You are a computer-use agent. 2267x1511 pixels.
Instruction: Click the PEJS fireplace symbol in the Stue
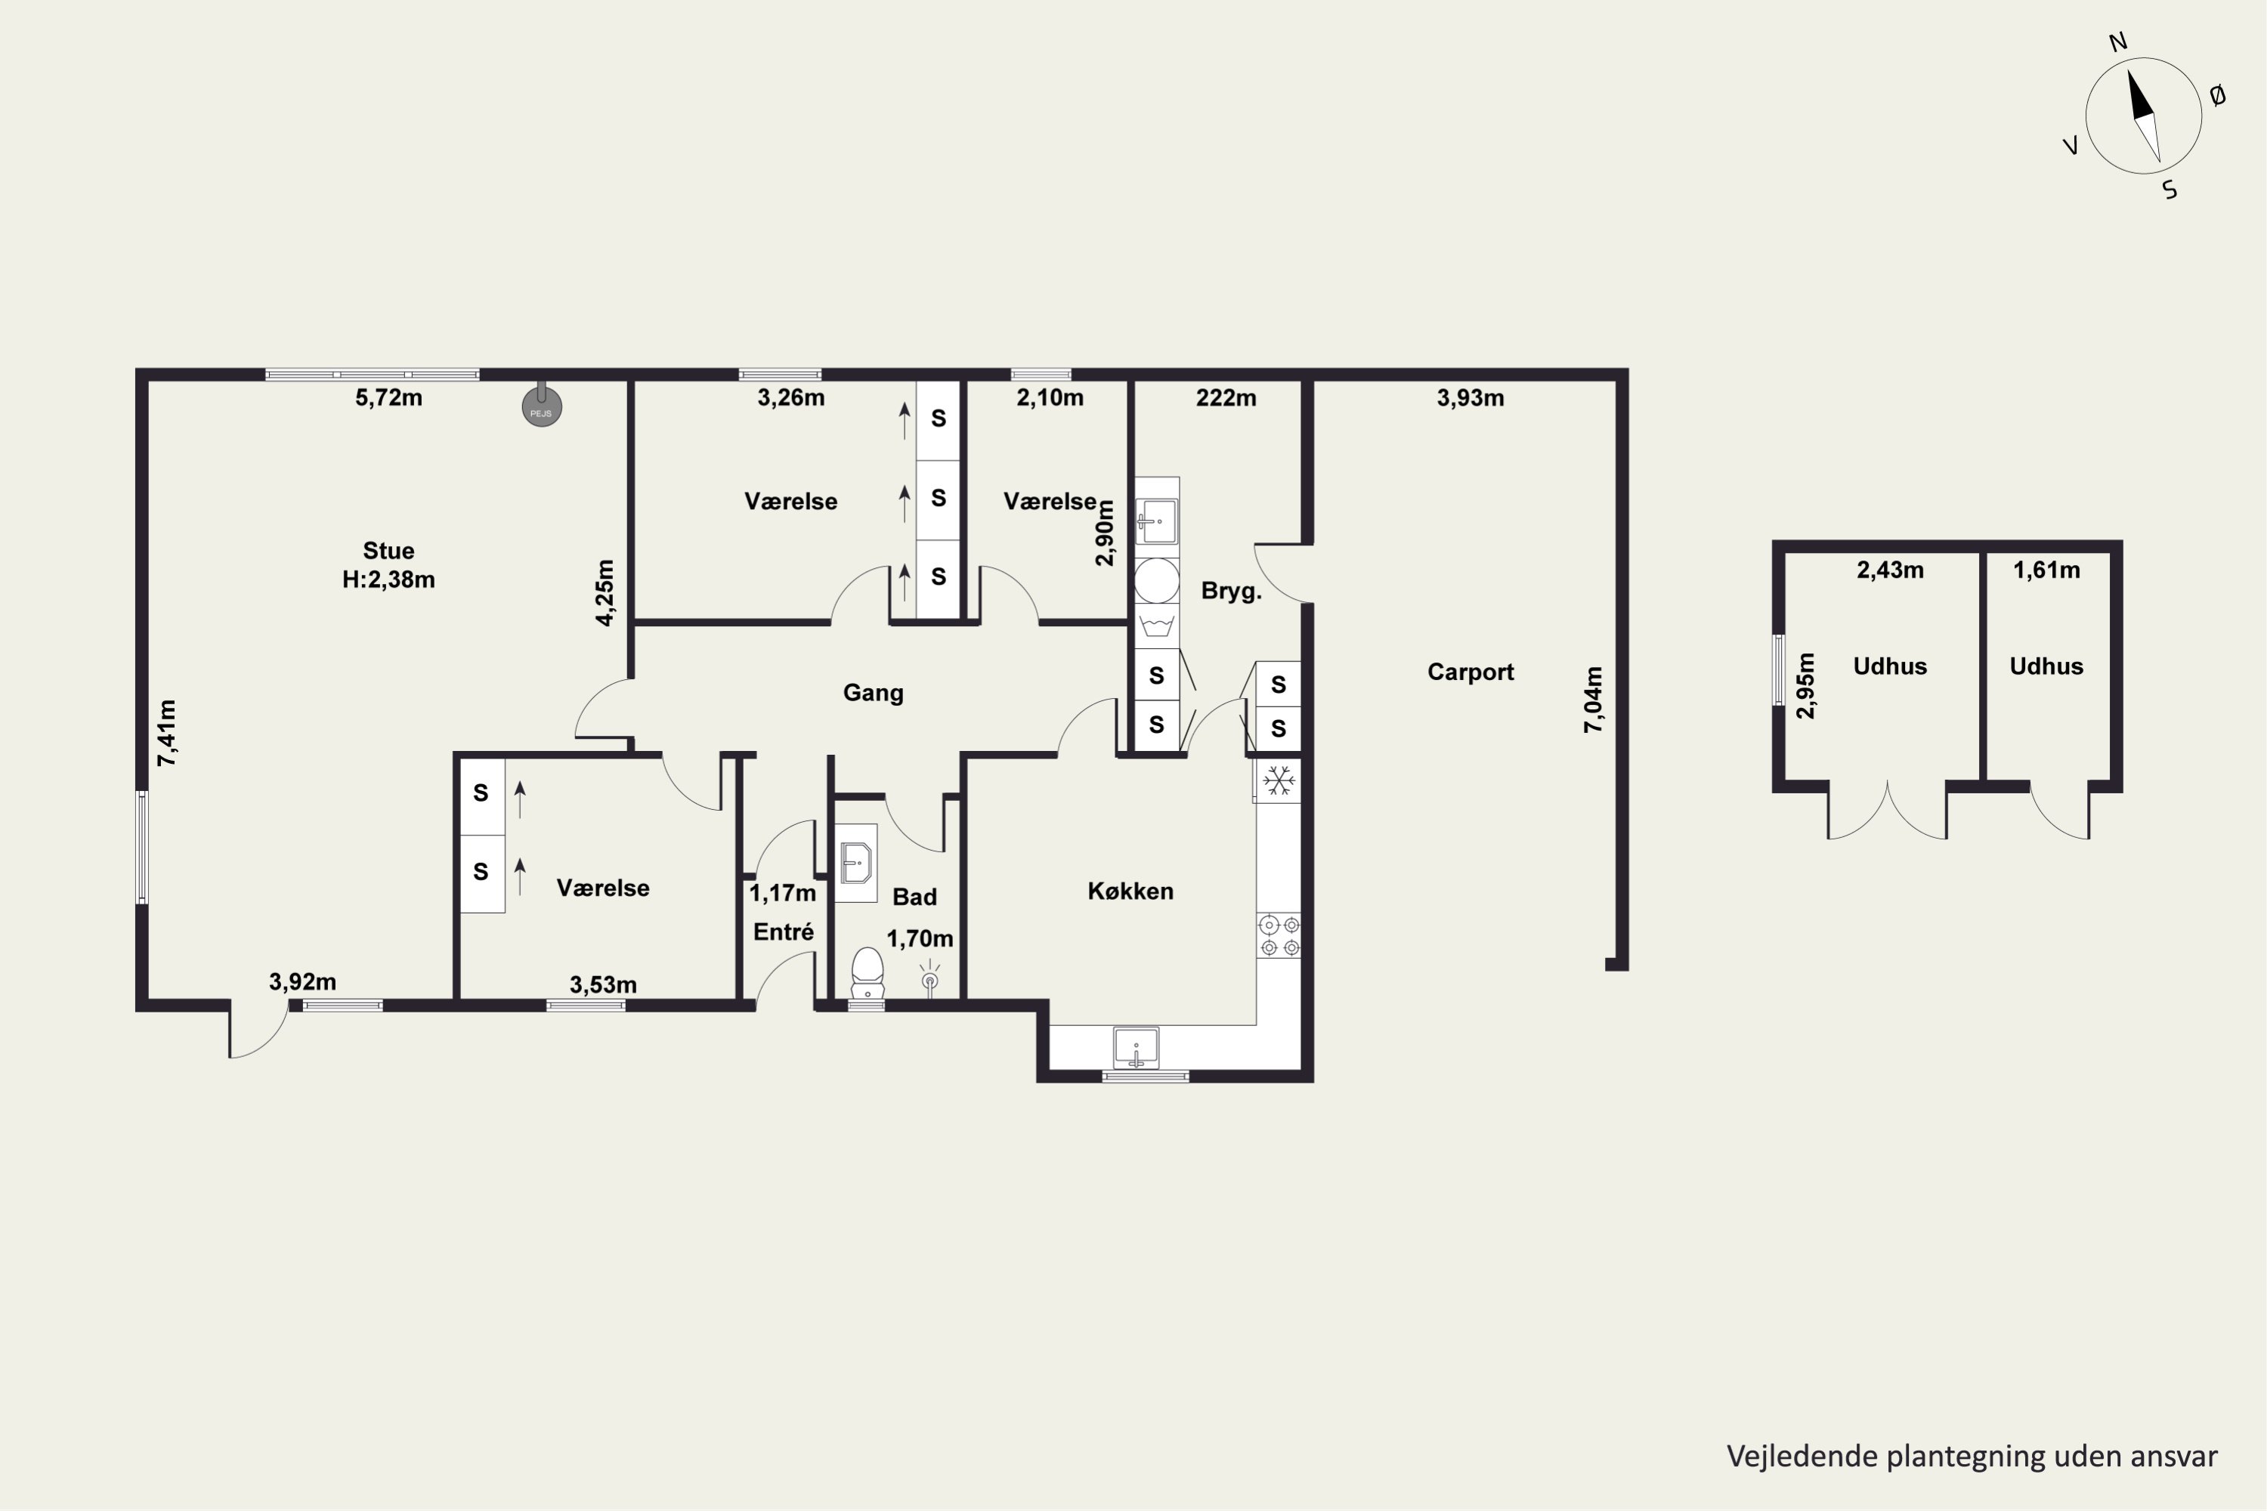[x=542, y=406]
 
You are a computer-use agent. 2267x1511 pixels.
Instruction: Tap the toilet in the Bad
[x=868, y=973]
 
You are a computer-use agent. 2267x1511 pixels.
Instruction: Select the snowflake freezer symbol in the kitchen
[x=1278, y=780]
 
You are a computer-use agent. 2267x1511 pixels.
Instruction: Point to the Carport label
[x=1470, y=672]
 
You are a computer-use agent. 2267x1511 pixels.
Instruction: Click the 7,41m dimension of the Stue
[x=167, y=734]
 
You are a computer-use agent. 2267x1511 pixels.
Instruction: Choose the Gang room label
[x=874, y=693]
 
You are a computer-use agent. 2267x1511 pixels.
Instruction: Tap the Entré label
[x=784, y=932]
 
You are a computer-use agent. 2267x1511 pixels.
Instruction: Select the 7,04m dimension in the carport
[x=1594, y=700]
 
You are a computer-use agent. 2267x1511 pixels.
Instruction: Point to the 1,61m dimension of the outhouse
[x=2046, y=570]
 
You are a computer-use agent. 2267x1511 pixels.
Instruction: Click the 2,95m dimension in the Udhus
[x=1805, y=686]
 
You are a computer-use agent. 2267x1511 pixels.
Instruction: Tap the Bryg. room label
[x=1231, y=592]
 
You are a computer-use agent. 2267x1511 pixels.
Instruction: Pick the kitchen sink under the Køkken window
[x=1137, y=1047]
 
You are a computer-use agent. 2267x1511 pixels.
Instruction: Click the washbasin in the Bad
[x=856, y=863]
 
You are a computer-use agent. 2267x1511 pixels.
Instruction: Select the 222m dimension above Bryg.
[x=1226, y=398]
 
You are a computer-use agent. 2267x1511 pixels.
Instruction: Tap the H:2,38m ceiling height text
[x=388, y=580]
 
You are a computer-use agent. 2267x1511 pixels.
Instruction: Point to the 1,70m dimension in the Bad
[x=920, y=938]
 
